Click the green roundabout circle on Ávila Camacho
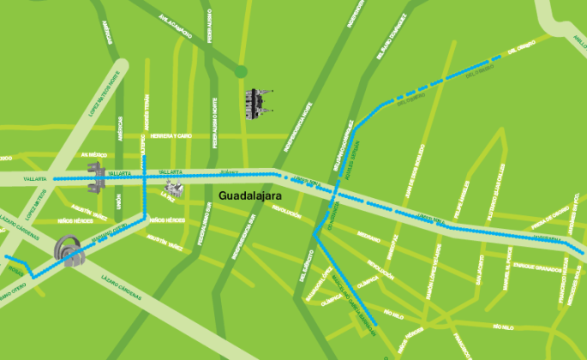[242, 71]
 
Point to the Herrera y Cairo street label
[171, 136]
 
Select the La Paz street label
[167, 195]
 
